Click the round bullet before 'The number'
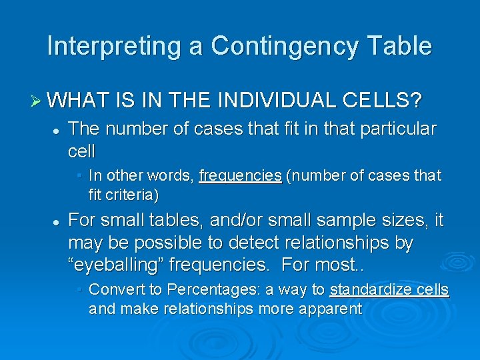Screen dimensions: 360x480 pos(59,129)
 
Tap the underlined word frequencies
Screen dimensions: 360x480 pos(240,175)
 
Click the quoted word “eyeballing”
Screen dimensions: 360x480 pos(116,265)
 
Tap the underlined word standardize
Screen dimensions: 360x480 pos(369,289)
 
